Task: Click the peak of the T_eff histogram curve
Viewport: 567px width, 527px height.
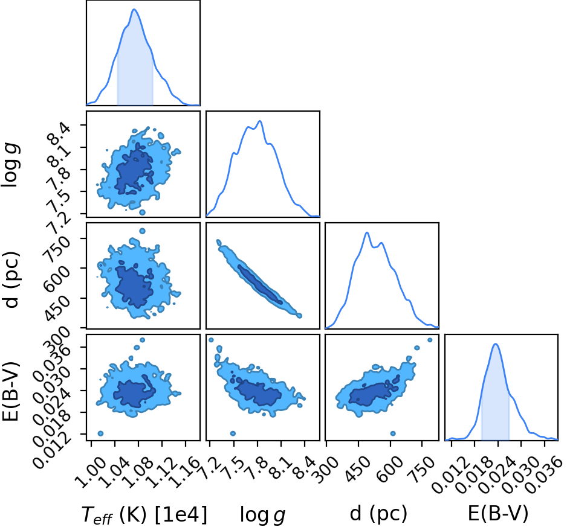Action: pyautogui.click(x=135, y=10)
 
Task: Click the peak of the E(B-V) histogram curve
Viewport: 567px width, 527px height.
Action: pyautogui.click(x=496, y=344)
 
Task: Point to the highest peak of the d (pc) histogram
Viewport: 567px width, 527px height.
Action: pyautogui.click(x=367, y=232)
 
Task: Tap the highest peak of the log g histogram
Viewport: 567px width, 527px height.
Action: pyautogui.click(x=260, y=121)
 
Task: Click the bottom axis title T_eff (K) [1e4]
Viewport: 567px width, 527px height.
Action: pyautogui.click(x=144, y=514)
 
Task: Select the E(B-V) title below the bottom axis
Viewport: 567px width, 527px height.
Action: pyautogui.click(x=498, y=513)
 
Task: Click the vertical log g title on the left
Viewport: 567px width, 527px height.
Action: pyautogui.click(x=10, y=165)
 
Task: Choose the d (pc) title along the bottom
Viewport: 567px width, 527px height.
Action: pyautogui.click(x=378, y=513)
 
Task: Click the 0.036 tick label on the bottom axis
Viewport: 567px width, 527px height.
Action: pyautogui.click(x=544, y=474)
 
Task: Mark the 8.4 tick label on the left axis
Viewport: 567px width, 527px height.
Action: pyautogui.click(x=59, y=133)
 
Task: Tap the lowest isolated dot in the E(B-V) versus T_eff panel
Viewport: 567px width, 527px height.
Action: pyautogui.click(x=100, y=433)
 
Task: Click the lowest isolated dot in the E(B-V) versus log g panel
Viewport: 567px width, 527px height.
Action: pyautogui.click(x=233, y=433)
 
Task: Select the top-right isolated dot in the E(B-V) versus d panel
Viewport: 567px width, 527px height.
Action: pyautogui.click(x=430, y=340)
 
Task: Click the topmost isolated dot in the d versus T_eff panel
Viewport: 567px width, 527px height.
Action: pyautogui.click(x=142, y=231)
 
